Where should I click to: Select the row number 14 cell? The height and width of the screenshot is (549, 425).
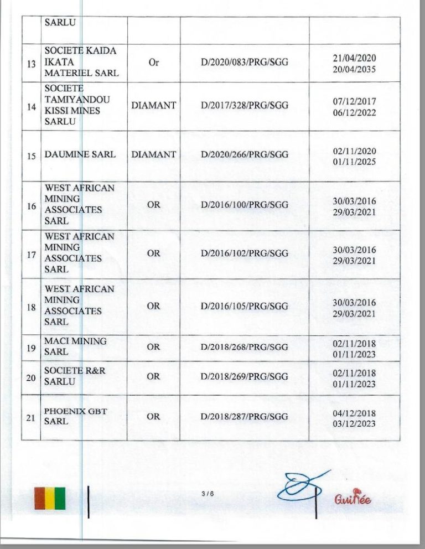click(32, 106)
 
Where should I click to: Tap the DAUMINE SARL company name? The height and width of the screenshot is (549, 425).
click(80, 154)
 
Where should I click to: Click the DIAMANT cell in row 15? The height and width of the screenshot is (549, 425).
click(153, 154)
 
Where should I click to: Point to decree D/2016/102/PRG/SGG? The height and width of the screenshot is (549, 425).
click(244, 253)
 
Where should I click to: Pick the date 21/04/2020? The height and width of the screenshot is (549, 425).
click(354, 58)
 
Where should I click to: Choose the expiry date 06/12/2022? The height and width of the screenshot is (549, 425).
click(354, 112)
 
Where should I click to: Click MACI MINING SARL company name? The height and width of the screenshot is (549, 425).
click(75, 346)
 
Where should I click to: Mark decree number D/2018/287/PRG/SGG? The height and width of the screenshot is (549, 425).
click(244, 417)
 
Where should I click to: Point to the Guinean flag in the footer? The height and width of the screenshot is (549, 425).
click(49, 498)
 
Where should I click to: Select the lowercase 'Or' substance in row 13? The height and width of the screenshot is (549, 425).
click(153, 63)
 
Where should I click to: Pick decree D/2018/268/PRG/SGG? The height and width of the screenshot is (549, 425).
click(244, 347)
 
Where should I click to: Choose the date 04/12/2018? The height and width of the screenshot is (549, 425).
click(354, 413)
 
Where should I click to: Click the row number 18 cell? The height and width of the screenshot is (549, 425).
click(32, 306)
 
